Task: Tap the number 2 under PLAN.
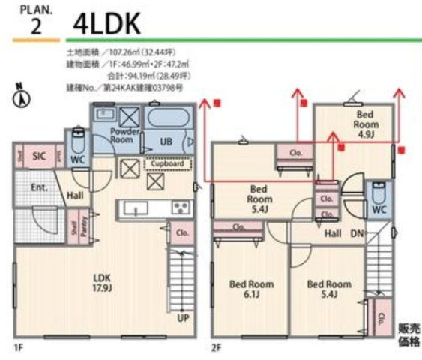tap(35, 27)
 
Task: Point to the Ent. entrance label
tap(40, 187)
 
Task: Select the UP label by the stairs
tap(182, 318)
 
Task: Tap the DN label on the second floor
tap(357, 233)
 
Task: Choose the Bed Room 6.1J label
tap(251, 289)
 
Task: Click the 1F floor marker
tap(17, 348)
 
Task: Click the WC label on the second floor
tap(379, 210)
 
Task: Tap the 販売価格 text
tap(409, 334)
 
